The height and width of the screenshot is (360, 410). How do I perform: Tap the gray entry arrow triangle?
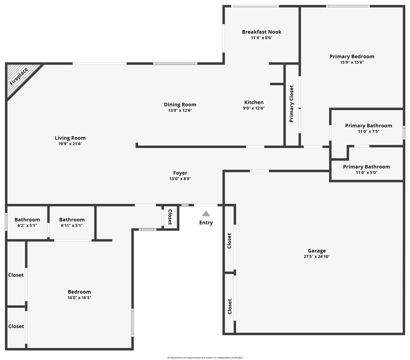(206, 213)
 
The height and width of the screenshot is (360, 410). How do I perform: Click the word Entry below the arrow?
(206, 223)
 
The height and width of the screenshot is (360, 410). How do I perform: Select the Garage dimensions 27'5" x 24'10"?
(316, 256)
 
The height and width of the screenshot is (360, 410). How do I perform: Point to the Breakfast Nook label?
(261, 32)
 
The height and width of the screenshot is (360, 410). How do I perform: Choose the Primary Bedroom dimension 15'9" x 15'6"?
(351, 62)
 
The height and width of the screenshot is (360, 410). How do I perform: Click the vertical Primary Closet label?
(292, 104)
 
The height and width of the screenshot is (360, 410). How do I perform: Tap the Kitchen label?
(254, 102)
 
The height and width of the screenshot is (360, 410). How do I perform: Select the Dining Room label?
(180, 104)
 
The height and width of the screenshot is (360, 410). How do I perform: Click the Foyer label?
(180, 173)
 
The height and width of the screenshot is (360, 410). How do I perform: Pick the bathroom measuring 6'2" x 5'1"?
(27, 223)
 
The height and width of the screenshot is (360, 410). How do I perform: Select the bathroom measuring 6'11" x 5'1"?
(72, 223)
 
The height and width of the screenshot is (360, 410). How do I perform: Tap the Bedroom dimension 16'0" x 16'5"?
(79, 298)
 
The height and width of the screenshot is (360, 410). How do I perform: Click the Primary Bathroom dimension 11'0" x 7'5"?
(368, 132)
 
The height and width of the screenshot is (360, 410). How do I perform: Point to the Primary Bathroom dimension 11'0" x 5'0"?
(366, 172)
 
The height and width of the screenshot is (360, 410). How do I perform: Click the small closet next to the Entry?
(170, 217)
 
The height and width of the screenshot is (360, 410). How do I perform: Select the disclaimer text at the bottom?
(205, 358)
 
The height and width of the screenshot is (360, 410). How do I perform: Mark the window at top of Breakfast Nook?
(255, 6)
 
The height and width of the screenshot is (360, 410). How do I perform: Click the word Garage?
(316, 250)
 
